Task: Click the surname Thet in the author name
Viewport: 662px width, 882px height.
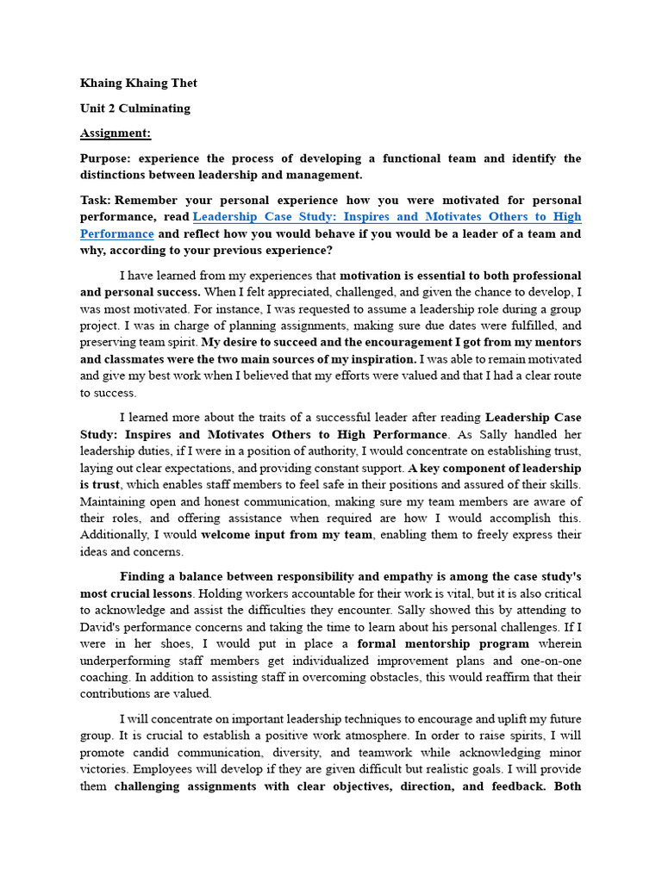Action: tap(182, 84)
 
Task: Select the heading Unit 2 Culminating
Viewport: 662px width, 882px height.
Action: tap(135, 109)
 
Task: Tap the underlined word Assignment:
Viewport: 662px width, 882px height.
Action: tap(116, 134)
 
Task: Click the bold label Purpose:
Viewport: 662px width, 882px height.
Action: tap(106, 158)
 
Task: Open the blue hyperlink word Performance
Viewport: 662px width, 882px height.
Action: tap(117, 233)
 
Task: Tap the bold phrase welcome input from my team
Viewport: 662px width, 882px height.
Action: tap(287, 535)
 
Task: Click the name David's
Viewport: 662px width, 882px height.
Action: tap(105, 627)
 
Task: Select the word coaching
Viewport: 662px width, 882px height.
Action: tap(108, 677)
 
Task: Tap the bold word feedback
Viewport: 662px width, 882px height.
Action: tap(522, 786)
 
